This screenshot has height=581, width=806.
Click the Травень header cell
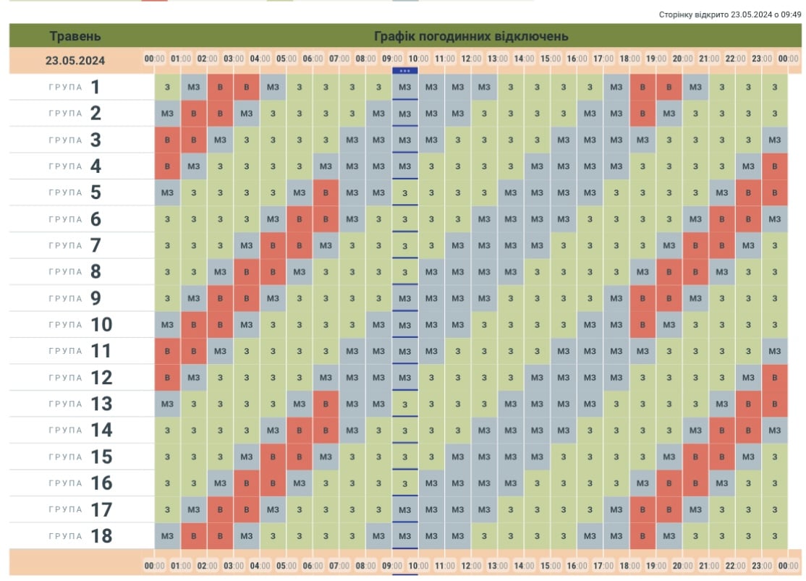75,36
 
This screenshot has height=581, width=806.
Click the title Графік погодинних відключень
471,36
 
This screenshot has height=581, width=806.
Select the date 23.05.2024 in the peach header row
75,61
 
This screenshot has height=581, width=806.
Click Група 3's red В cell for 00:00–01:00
168,140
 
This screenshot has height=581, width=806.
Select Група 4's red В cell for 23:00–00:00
775,166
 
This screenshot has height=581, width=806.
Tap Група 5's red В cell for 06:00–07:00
326,192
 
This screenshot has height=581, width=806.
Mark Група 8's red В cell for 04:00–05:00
273,272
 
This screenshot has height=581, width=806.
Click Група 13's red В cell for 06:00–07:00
326,404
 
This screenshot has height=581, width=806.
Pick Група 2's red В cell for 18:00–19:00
642,114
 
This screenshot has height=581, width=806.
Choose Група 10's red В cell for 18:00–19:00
642,325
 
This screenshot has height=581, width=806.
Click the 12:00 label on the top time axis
471,59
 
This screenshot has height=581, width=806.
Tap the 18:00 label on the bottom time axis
629,565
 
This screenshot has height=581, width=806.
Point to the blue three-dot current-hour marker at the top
404,70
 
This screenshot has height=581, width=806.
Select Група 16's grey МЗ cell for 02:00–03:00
220,483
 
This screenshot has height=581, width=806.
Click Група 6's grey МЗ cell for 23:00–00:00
775,219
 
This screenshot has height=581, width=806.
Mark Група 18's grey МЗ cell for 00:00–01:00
168,536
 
